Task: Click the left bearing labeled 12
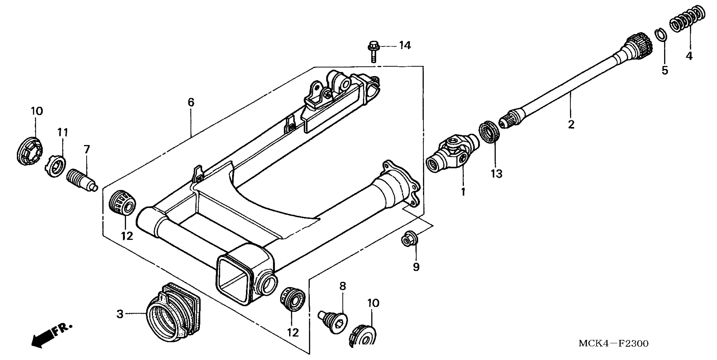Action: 122,202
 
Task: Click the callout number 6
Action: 191,102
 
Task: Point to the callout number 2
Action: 571,124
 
